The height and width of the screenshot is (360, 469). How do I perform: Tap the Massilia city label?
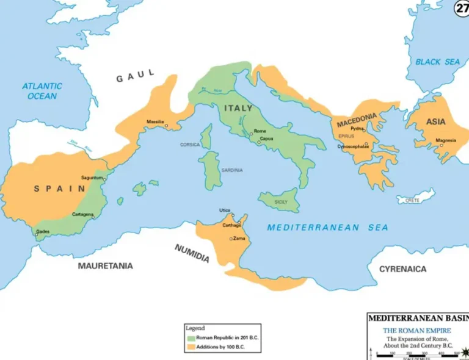tap(155, 121)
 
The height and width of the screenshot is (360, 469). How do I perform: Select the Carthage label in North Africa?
tap(231, 225)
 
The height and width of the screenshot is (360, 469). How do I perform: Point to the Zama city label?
tap(239, 239)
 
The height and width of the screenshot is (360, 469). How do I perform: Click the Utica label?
tap(225, 211)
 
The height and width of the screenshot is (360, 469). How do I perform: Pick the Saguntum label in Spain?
tap(92, 178)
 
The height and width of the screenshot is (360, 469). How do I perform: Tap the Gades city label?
tap(43, 231)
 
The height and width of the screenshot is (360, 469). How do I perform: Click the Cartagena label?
tap(82, 215)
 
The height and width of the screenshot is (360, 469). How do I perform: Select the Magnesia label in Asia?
tap(446, 140)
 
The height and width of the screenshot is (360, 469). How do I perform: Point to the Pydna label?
tap(357, 129)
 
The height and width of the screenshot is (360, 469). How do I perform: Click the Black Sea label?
tap(437, 62)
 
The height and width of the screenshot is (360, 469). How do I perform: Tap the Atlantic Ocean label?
tap(42, 91)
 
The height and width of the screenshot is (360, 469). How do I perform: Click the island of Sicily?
tap(280, 200)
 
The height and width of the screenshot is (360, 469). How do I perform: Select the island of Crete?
tap(415, 198)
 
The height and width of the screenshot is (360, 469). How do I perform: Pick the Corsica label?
tap(189, 145)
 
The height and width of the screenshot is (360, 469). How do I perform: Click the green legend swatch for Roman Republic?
tap(191, 337)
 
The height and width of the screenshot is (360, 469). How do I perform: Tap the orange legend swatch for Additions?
tap(191, 347)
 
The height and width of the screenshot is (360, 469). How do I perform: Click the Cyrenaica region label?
tap(403, 269)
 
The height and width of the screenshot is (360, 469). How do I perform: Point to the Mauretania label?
tap(105, 266)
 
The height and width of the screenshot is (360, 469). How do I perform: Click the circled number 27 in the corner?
tap(462, 9)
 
